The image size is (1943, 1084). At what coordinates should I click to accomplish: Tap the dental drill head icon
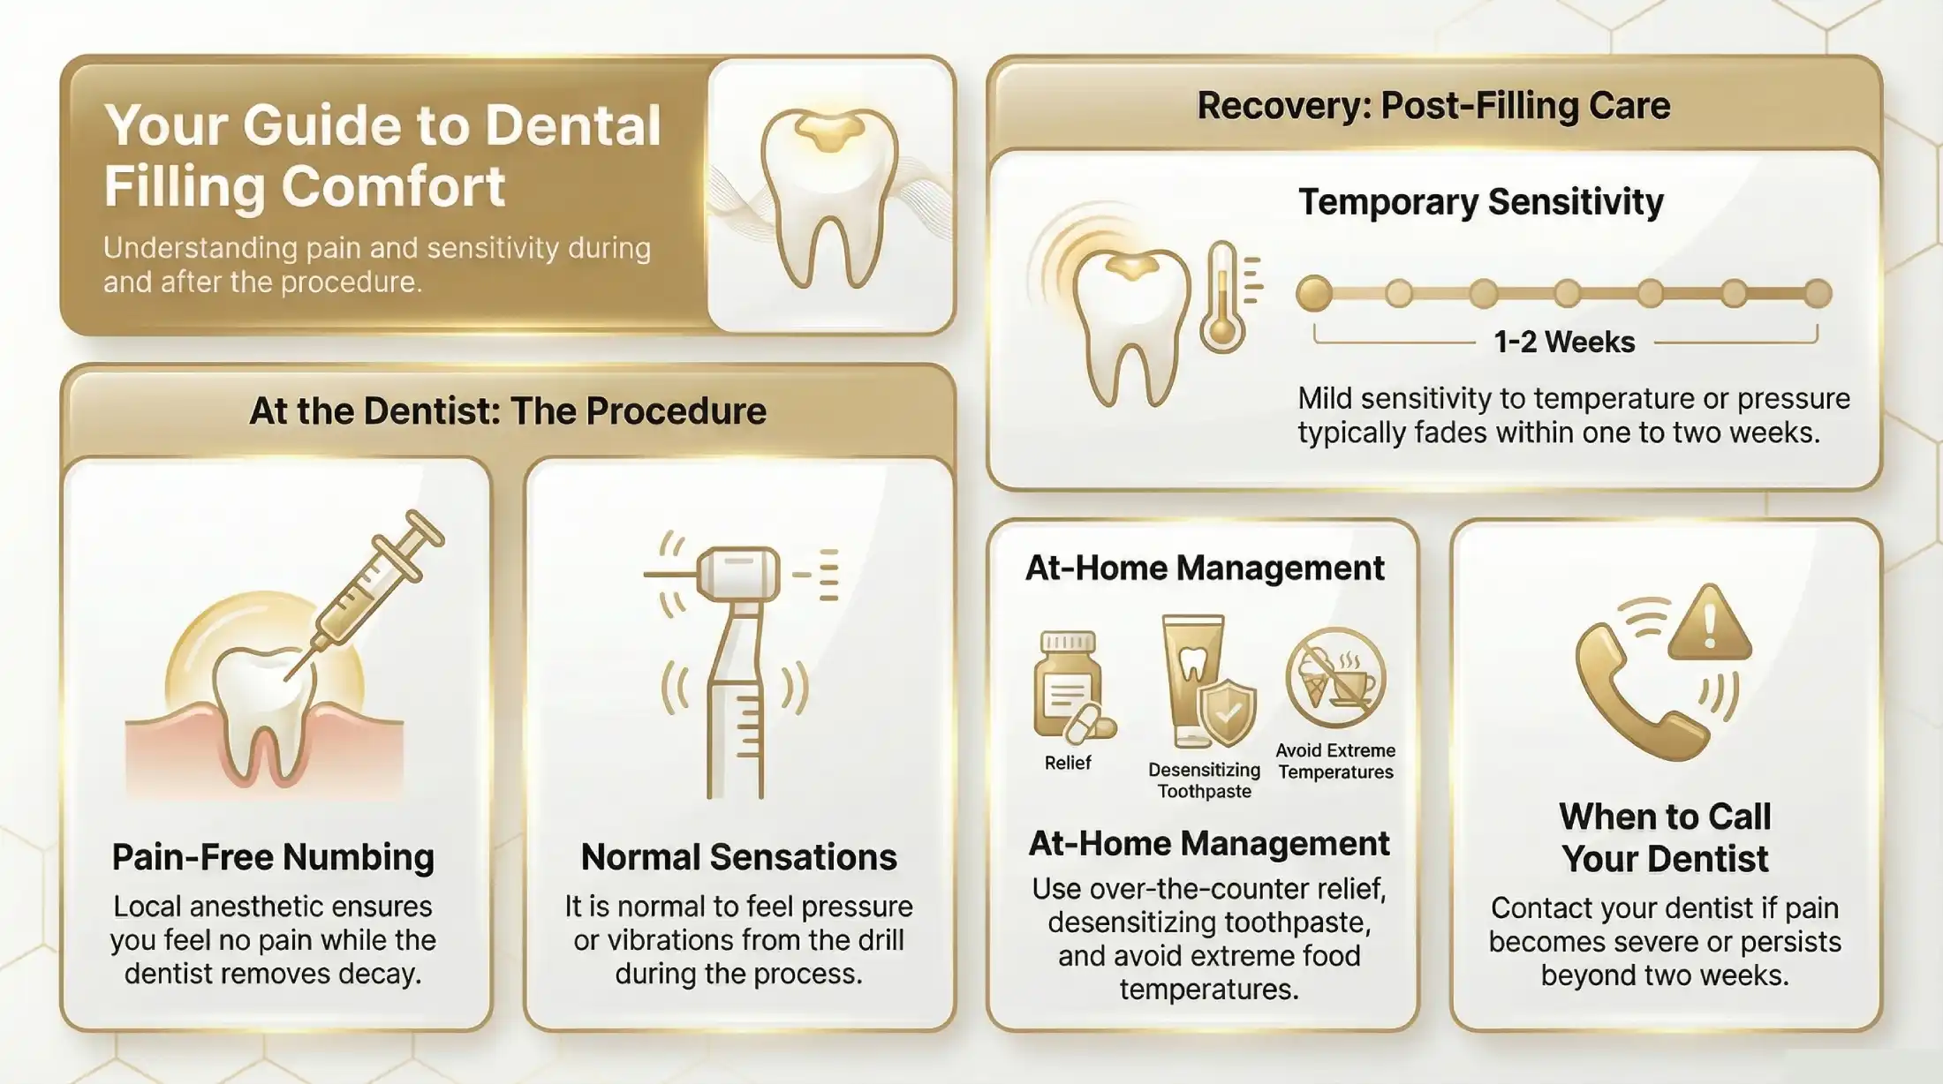(738, 574)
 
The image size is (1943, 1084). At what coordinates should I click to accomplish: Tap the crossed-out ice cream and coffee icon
(1335, 678)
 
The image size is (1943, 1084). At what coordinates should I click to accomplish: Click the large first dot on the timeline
(1314, 294)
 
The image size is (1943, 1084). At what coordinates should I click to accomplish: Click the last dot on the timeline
(1818, 294)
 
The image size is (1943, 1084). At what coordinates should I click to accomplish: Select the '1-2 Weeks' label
(1564, 342)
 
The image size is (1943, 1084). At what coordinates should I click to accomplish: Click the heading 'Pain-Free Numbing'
(273, 857)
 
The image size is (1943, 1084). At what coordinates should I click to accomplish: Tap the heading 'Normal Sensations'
(738, 857)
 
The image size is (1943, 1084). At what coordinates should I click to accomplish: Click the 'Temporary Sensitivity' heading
(1481, 202)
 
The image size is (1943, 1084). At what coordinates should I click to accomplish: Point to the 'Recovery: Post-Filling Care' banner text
(1433, 106)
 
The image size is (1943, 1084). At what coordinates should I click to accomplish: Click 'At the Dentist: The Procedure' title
(508, 411)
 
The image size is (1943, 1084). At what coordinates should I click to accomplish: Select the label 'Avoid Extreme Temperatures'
(1335, 761)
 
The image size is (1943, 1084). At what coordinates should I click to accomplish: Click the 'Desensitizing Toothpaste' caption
(1205, 780)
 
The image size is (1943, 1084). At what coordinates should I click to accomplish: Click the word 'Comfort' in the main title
(392, 186)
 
